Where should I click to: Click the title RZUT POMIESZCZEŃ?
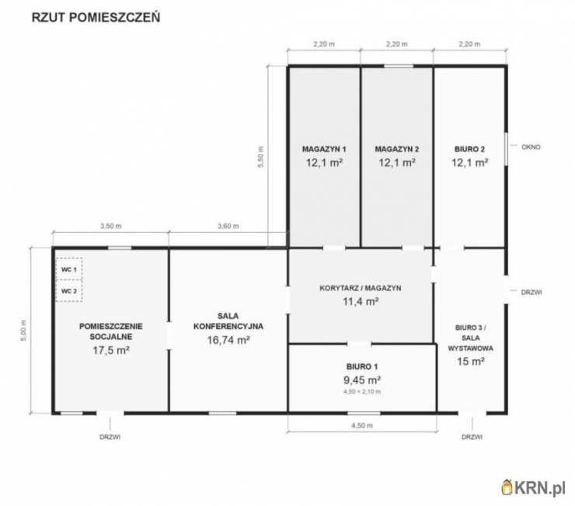tap(96, 18)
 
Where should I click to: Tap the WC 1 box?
tap(69, 269)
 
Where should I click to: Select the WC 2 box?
tap(69, 291)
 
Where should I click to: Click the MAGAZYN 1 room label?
tap(324, 149)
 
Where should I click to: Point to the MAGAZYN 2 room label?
tap(397, 149)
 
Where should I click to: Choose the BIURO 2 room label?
tap(470, 149)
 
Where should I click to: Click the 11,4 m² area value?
tap(361, 301)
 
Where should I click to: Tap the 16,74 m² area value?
tap(228, 340)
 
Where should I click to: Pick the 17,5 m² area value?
tap(111, 350)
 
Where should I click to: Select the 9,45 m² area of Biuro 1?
tap(362, 380)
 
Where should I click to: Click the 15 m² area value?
tap(471, 362)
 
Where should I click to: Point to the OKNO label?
tap(531, 147)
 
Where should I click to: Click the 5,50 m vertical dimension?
tap(261, 157)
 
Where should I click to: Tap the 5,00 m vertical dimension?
tap(23, 331)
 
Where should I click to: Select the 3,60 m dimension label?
tap(228, 226)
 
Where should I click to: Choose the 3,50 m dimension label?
tap(111, 226)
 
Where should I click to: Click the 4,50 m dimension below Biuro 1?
tap(362, 425)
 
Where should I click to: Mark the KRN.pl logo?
tap(534, 487)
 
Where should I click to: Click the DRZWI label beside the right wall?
tap(531, 292)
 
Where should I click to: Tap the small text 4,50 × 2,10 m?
tap(362, 391)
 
